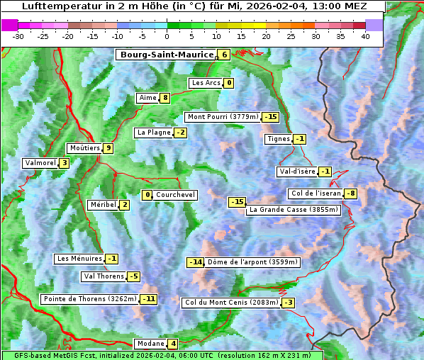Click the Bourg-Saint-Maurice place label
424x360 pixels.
coord(167,55)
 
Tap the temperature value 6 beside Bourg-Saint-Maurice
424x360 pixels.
coord(224,55)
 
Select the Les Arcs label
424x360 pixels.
coord(206,83)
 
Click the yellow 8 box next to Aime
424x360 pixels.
coord(164,98)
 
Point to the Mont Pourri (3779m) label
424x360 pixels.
coord(223,117)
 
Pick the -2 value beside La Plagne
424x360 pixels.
coord(181,133)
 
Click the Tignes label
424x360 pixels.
coord(278,139)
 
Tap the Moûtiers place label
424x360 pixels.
coord(84,148)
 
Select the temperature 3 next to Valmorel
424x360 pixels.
coord(64,163)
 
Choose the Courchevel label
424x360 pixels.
coord(175,195)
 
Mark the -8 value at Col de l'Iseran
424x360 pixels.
coord(350,194)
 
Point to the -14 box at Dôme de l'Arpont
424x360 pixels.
coord(195,262)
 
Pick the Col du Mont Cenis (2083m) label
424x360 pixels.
coord(230,303)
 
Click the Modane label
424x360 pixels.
coord(150,344)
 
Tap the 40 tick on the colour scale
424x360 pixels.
coord(365,35)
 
